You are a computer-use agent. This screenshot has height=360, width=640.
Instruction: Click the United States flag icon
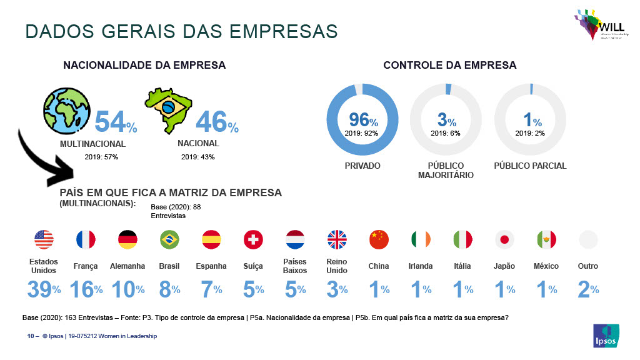coord(44,239)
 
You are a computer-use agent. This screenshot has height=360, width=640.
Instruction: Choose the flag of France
coord(86,239)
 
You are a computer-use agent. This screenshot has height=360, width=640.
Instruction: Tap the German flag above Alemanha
coord(127,239)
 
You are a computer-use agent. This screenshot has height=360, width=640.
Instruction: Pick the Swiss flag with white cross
coord(253,239)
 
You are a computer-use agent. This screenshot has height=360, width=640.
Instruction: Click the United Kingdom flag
coord(337,239)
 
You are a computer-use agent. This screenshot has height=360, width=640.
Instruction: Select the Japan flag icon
coord(504,239)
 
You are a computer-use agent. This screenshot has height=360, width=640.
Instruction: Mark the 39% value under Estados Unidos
coord(43,289)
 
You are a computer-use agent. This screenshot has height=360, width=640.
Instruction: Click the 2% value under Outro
coord(588,289)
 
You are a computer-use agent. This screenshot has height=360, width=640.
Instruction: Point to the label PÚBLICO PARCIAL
coord(530,166)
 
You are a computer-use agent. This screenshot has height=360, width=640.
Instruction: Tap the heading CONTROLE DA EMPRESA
coord(450,65)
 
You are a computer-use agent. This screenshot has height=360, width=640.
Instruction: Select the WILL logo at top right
coord(598,25)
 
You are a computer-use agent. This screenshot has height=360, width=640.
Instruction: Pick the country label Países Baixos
coord(295,266)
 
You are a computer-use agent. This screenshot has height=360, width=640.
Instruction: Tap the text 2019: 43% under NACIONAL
coord(197,157)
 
